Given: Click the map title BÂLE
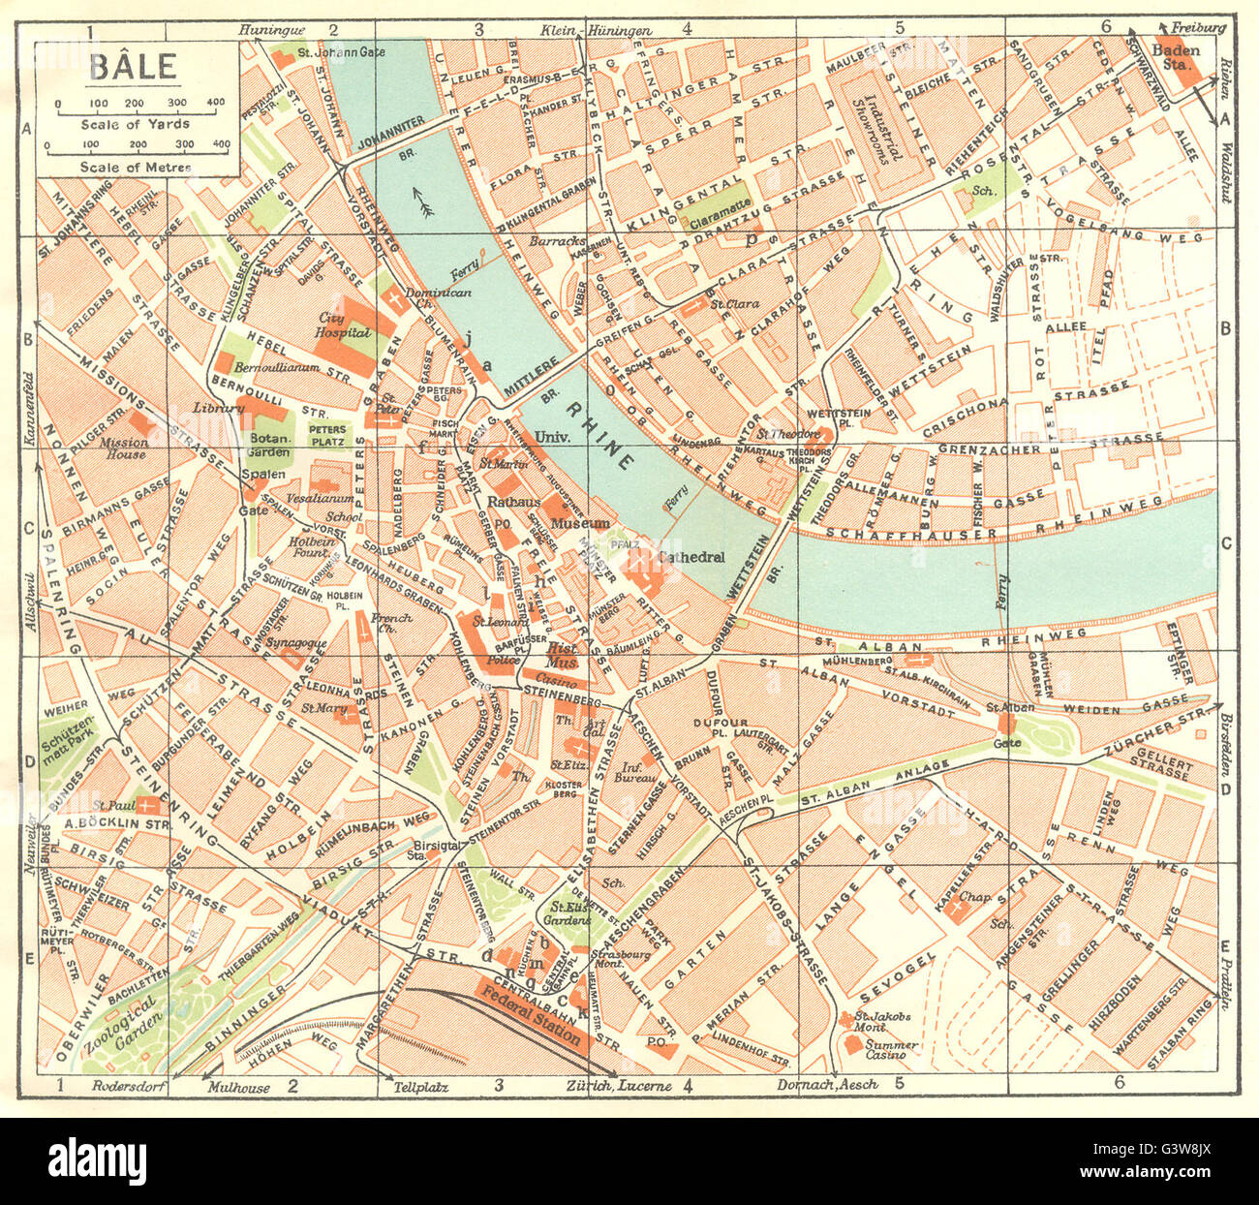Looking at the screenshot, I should (x=133, y=67).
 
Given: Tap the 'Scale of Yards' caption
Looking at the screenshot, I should (x=135, y=124).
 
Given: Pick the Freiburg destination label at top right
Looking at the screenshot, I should (x=1199, y=28).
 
